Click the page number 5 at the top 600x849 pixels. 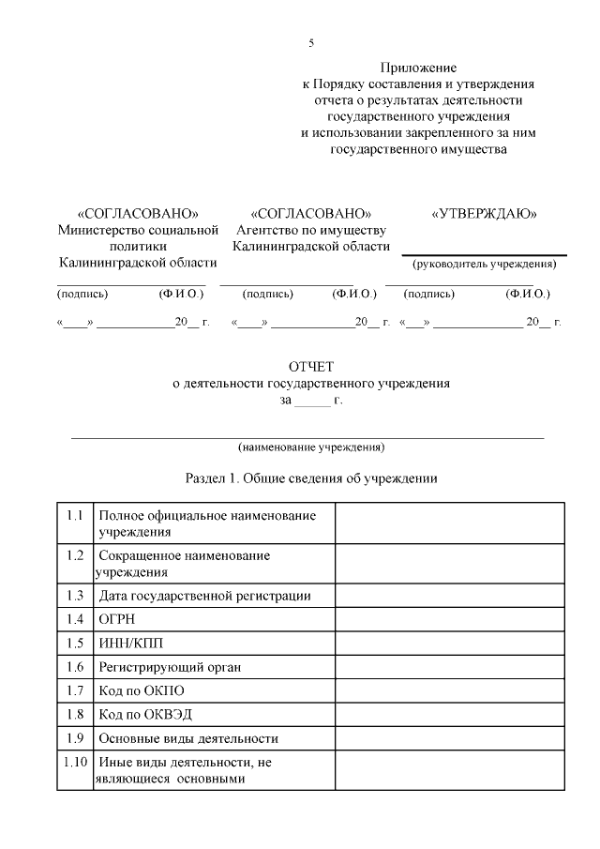tap(310, 43)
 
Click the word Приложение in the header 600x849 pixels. tap(418, 68)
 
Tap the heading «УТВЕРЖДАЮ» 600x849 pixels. tap(484, 213)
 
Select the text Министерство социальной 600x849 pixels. tap(138, 230)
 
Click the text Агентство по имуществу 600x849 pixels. tap(311, 230)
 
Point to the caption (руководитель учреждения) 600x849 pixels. tap(485, 264)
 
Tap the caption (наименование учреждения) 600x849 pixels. tap(310, 447)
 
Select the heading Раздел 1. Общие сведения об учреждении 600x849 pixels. tap(310, 478)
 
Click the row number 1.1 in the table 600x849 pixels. tap(75, 516)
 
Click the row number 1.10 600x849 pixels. tap(75, 762)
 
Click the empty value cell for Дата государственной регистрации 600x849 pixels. tap(450, 596)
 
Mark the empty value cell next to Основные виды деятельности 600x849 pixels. tap(450, 737)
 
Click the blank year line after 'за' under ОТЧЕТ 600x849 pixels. tap(312, 401)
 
